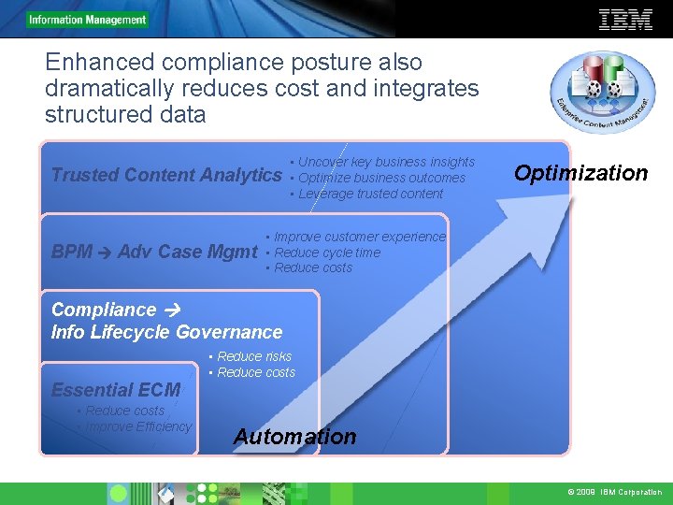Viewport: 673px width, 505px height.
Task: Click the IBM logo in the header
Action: click(625, 19)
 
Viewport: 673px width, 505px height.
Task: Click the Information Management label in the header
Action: click(88, 20)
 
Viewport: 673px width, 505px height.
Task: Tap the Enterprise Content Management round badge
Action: click(603, 93)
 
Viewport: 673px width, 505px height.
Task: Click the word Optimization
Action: click(580, 173)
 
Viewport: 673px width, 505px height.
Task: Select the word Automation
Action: click(294, 437)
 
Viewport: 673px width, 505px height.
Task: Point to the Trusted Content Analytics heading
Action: click(166, 175)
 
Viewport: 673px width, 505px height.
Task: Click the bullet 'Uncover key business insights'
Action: click(386, 162)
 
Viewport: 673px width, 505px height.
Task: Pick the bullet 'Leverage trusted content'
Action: click(370, 194)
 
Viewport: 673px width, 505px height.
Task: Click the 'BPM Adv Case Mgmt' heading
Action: click(154, 252)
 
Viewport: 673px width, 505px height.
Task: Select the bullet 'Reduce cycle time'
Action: click(326, 252)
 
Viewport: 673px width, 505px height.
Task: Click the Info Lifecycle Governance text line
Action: click(166, 332)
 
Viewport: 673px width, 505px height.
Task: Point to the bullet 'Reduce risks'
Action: click(253, 356)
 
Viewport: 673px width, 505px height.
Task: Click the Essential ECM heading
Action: click(116, 390)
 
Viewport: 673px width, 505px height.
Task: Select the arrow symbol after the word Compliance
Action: click(170, 310)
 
